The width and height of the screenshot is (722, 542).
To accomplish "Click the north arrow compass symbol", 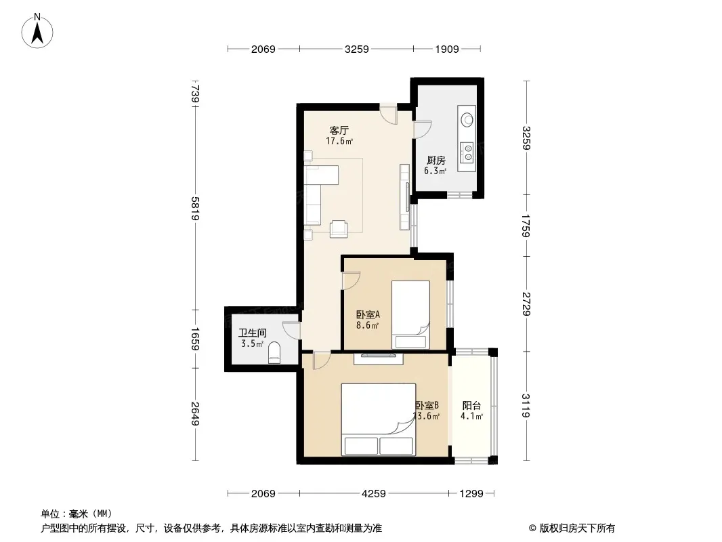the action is point(37,31).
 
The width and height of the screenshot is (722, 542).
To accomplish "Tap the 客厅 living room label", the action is point(339,130).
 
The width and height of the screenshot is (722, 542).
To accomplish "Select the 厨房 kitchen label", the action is point(436,161).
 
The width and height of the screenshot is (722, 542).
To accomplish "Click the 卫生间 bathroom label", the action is point(253,333).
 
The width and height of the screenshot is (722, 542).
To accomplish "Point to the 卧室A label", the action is point(368,315).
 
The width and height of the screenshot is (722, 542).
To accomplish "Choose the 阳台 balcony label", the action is point(471,406).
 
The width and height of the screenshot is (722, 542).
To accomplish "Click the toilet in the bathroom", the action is point(274,353).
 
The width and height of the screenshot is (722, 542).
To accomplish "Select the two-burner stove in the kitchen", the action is point(468,152).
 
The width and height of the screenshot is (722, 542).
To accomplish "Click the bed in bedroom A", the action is point(410,315).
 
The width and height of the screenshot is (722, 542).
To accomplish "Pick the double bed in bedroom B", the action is point(379,419).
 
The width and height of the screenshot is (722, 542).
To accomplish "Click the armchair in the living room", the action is point(339,228).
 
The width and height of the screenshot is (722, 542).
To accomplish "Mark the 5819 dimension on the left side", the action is point(195,209).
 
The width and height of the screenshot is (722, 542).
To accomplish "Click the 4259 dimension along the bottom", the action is point(374,494).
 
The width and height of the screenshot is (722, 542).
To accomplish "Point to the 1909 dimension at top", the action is point(447,49).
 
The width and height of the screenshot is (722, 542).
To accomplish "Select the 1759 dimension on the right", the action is point(526,226).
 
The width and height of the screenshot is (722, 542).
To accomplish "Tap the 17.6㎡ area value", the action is point(339,142).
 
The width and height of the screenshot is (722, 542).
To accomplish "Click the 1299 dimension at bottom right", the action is point(471,494).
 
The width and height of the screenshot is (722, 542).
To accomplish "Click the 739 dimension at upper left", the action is point(195,93).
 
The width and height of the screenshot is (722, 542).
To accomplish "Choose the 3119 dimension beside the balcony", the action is point(526,405).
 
